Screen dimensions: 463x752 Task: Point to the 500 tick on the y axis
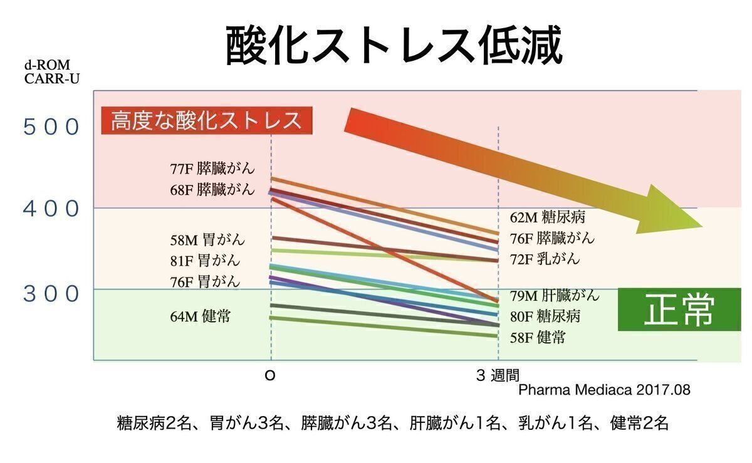pyautogui.click(x=52, y=127)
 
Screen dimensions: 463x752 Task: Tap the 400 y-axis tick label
pyautogui.click(x=52, y=209)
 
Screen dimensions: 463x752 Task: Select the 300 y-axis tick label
pyautogui.click(x=52, y=293)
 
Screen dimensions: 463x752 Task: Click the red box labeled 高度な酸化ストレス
pyautogui.click(x=207, y=120)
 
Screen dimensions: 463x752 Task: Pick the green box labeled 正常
pyautogui.click(x=679, y=309)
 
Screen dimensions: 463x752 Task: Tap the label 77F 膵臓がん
pyautogui.click(x=212, y=169)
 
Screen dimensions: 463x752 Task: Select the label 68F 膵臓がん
pyautogui.click(x=212, y=189)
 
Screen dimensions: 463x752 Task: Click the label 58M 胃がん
pyautogui.click(x=207, y=240)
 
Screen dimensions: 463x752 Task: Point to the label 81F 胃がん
pyautogui.click(x=205, y=260)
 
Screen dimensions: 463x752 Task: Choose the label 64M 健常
pyautogui.click(x=200, y=316)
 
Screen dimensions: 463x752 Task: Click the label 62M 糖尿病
pyautogui.click(x=547, y=217)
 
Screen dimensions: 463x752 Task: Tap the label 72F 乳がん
pyautogui.click(x=545, y=259)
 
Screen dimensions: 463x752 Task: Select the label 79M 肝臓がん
pyautogui.click(x=555, y=295)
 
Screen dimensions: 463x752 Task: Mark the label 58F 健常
pyautogui.click(x=537, y=338)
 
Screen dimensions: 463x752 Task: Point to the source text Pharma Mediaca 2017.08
pyautogui.click(x=604, y=390)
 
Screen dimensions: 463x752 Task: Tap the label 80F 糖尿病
pyautogui.click(x=545, y=316)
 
